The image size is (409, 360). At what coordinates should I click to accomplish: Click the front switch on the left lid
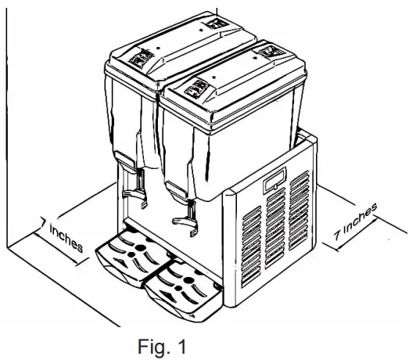point(142,58)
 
